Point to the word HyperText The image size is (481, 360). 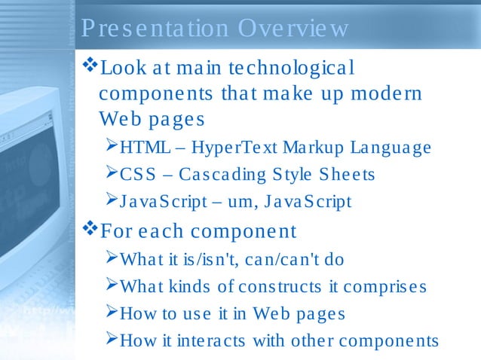tap(222, 148)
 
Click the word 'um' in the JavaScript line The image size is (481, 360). tap(237, 203)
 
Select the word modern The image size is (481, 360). tap(384, 94)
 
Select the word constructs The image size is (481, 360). tap(280, 287)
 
